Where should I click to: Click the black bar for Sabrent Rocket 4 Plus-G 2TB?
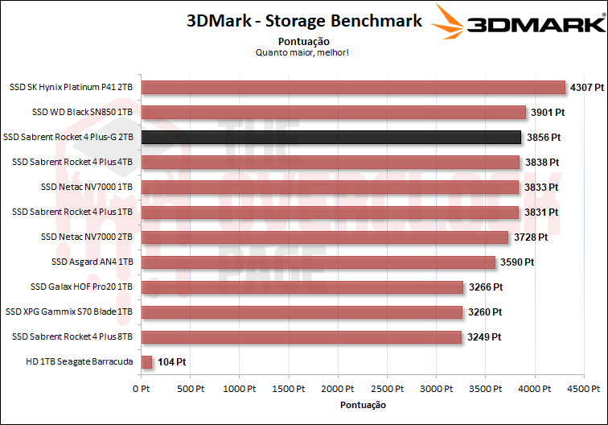coord(331,137)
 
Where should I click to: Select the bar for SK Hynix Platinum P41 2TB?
coord(353,87)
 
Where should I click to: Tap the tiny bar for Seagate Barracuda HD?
coord(146,362)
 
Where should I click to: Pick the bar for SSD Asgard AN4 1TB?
coord(318,262)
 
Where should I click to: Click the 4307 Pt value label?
coord(586,87)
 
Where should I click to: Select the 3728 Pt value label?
coord(531,237)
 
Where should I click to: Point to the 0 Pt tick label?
coord(141,389)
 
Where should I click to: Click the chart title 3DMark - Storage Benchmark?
coord(304,22)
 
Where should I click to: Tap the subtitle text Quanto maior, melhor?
coord(303,53)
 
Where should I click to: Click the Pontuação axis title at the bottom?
coord(363,405)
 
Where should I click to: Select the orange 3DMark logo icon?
coord(450,22)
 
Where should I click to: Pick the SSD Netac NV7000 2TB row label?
coord(86,237)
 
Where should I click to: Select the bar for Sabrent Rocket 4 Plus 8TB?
coord(301,337)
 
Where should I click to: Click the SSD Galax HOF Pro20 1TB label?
coord(81,287)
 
